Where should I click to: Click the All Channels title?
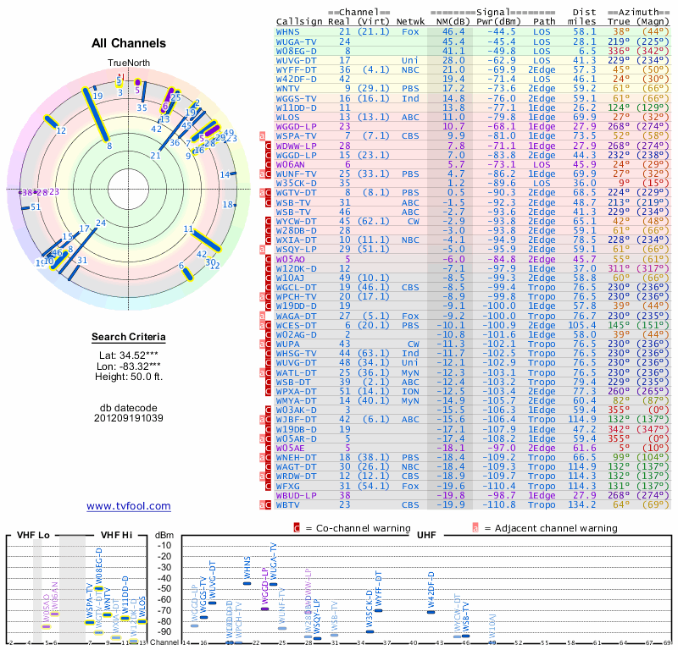click(129, 43)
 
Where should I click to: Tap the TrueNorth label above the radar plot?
click(128, 63)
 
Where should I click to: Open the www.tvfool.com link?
click(129, 506)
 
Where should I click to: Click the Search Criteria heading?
click(129, 338)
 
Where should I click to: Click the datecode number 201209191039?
click(129, 418)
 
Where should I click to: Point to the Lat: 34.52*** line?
click(129, 356)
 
